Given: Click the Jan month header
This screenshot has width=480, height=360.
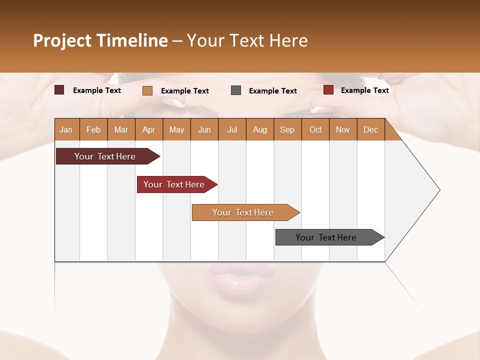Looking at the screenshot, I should coord(66,129).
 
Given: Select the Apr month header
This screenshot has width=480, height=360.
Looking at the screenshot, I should coord(148,129).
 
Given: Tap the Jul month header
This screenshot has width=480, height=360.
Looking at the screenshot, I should coord(232,129).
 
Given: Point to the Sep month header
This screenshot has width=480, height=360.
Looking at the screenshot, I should coord(287,129).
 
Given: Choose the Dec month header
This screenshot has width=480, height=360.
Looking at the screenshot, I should coord(370,129).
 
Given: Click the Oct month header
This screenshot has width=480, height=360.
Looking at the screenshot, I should coord(315,129).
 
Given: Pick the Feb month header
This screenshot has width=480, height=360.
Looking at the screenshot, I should coord(93,129).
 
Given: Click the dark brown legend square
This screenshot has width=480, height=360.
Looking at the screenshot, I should coord(59,90).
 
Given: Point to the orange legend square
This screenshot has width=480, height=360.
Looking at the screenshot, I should coord(147,90).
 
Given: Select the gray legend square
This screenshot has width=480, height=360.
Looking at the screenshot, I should coord(236,90).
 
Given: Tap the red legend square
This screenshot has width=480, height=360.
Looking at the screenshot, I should coord(328,90).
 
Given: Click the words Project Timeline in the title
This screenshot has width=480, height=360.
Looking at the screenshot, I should coord(100,40).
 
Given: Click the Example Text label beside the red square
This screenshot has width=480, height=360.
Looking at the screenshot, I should coord(364,90).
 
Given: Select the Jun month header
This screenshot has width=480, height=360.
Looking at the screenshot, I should coord(204,129).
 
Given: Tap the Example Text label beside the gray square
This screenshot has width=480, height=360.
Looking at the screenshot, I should coord(272,91).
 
